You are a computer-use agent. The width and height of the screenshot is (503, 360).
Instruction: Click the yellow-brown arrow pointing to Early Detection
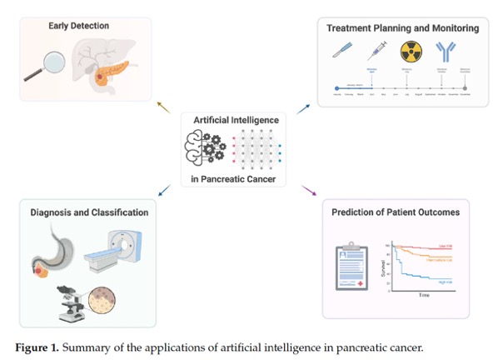(x=163, y=106)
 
